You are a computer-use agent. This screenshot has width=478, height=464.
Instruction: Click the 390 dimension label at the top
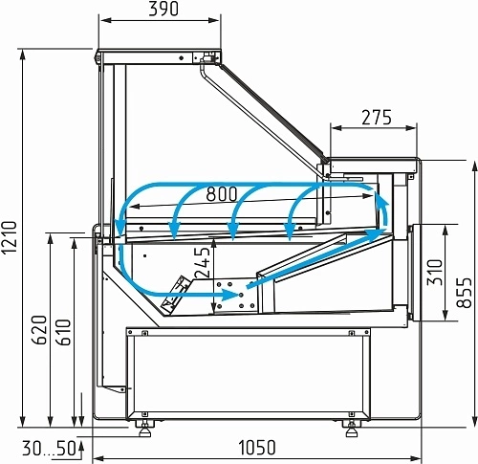(x=163, y=10)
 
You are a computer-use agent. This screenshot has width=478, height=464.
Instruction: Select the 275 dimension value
(x=377, y=118)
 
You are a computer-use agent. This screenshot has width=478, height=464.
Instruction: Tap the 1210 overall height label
(x=9, y=237)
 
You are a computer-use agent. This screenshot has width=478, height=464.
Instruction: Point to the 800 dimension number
(x=222, y=194)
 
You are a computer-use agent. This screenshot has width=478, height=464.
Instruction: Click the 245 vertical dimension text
(x=203, y=262)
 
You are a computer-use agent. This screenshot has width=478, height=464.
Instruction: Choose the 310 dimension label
(x=435, y=272)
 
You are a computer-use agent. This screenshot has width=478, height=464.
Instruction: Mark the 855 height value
(x=464, y=293)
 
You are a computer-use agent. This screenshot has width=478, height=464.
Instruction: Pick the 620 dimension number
(x=39, y=330)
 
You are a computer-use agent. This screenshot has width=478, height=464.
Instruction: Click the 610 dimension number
(x=63, y=332)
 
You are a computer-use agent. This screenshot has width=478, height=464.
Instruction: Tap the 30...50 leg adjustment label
(x=49, y=448)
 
